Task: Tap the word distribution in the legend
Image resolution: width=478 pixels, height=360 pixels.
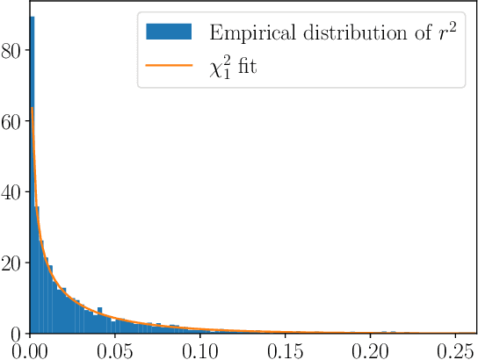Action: [345, 34]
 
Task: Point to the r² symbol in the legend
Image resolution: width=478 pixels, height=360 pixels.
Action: [445, 32]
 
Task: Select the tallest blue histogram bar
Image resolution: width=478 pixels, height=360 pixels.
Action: [33, 176]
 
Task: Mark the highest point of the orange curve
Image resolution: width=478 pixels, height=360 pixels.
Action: [33, 108]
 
